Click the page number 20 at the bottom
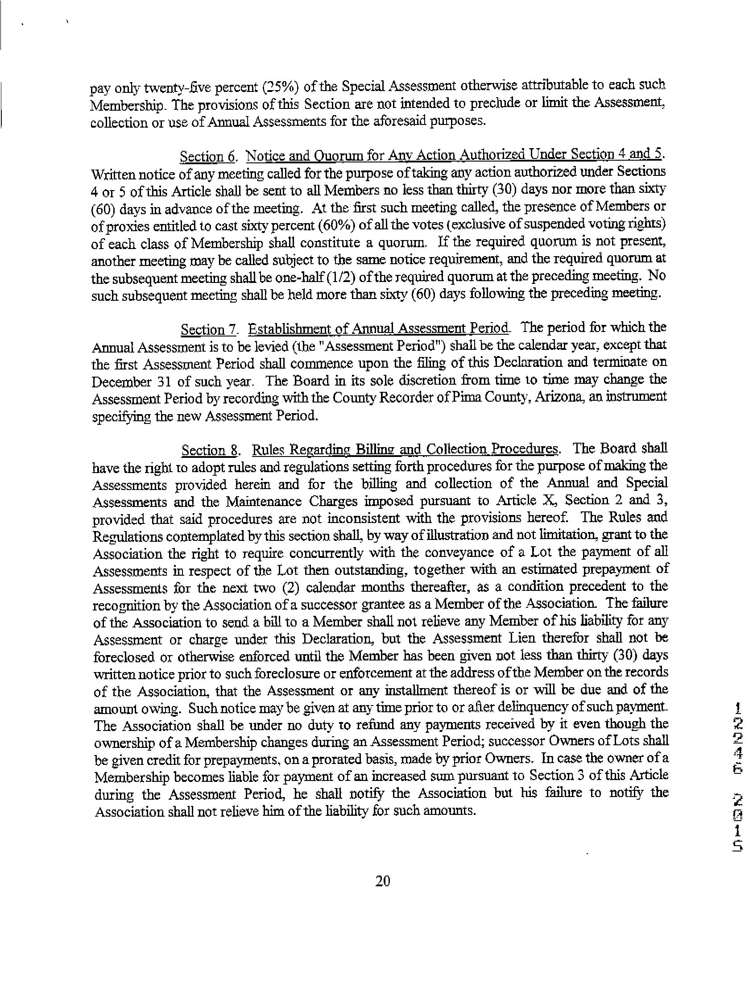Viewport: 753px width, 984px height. click(383, 881)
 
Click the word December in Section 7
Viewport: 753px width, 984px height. click(117, 382)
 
